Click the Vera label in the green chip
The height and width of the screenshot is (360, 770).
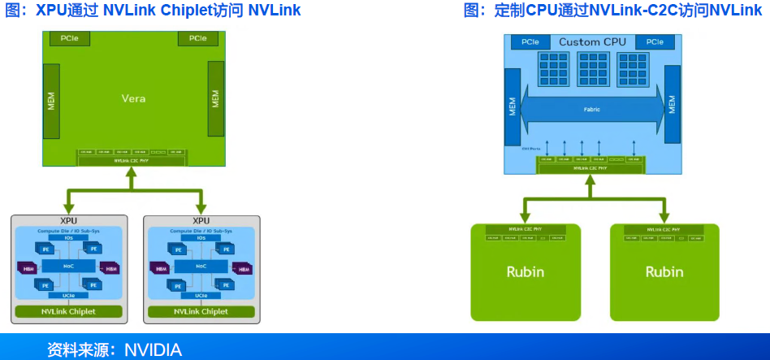(133, 98)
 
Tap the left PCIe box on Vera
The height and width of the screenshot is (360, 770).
(64, 38)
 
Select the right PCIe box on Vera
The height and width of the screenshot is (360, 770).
(198, 38)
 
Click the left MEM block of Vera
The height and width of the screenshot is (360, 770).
(51, 98)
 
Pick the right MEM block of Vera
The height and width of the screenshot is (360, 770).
(215, 98)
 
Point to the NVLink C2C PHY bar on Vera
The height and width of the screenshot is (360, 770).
(133, 161)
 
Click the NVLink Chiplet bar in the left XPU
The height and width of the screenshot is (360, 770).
(69, 311)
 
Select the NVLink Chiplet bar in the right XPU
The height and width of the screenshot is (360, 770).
(201, 311)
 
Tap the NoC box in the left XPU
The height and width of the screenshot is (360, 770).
(69, 266)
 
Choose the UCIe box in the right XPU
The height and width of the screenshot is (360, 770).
(201, 295)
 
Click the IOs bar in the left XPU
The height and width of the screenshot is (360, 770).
(69, 238)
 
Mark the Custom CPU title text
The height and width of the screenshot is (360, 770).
(591, 41)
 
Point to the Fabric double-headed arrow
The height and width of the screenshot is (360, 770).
(591, 110)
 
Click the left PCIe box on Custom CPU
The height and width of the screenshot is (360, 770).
(530, 41)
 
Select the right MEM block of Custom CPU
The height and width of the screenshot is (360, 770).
(672, 105)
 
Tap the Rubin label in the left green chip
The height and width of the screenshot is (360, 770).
(526, 271)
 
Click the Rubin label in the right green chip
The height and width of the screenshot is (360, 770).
(664, 271)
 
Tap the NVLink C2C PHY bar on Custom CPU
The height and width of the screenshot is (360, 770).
(592, 168)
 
